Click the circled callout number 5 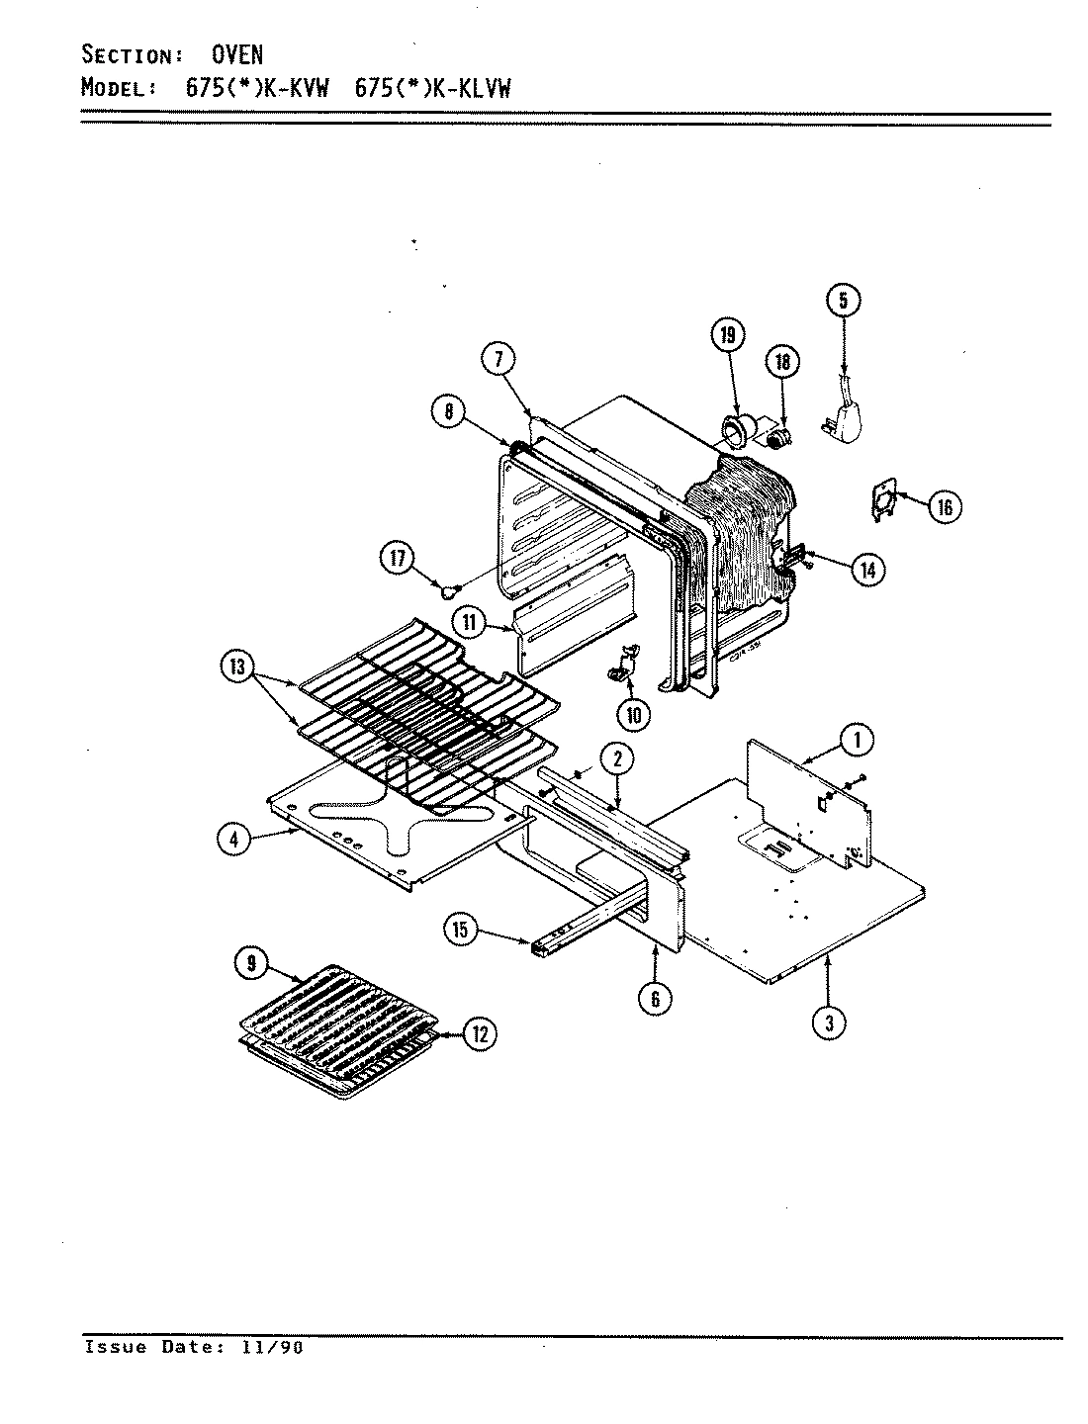coord(843,300)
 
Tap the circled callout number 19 coord(728,336)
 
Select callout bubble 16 coord(944,506)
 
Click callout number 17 coord(398,559)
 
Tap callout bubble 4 coord(233,839)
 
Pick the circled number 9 coord(251,962)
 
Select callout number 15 coord(461,930)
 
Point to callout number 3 coord(829,1023)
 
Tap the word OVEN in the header coord(237,54)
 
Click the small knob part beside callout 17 coord(448,591)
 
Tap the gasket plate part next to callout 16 coord(882,500)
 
